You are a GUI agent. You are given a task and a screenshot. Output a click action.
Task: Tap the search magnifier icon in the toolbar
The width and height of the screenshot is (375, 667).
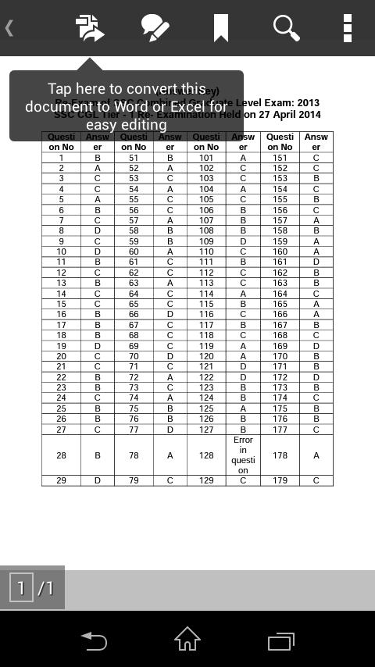[x=287, y=28]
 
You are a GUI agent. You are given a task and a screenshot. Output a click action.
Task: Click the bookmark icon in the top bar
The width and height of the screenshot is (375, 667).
[x=220, y=28]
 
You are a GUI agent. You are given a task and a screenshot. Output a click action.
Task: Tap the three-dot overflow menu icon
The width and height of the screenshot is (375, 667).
[x=347, y=28]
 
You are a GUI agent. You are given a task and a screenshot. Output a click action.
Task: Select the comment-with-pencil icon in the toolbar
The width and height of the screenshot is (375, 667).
[x=155, y=28]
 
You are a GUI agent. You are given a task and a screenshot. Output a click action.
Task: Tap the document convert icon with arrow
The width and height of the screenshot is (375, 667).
[x=90, y=28]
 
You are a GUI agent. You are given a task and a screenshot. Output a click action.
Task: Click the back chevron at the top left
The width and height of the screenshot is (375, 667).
[x=9, y=28]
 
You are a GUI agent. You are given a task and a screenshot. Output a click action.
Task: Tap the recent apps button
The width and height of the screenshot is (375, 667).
[x=281, y=640]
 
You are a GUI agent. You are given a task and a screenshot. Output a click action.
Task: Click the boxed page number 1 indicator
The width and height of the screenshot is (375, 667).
[x=21, y=587]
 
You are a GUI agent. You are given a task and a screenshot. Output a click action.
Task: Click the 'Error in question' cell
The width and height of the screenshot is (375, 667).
[x=243, y=455]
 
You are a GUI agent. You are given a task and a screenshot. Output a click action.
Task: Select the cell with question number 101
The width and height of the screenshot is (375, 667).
[x=206, y=158]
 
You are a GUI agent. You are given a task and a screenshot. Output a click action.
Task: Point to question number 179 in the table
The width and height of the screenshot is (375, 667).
[x=280, y=480]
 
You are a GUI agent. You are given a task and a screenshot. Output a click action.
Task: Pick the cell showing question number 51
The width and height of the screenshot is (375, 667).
[x=134, y=158]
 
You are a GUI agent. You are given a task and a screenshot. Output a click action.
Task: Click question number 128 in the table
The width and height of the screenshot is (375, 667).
[x=206, y=455]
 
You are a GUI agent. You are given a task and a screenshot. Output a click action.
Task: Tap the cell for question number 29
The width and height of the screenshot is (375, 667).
[x=61, y=480]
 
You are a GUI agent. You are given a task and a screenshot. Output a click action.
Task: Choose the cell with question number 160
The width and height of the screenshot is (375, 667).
[x=280, y=251]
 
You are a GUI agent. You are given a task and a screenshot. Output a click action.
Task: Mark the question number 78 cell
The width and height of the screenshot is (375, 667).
[x=134, y=455]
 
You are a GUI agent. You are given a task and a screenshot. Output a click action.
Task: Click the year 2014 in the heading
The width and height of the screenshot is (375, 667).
[x=309, y=114]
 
